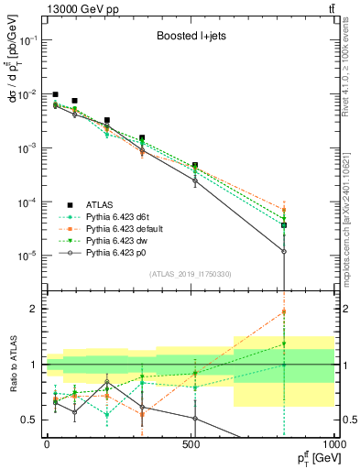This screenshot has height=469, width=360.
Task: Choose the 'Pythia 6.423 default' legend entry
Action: [126, 228]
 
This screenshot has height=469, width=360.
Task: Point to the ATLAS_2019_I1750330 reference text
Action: [190, 273]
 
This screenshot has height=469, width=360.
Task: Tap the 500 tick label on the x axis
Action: [191, 442]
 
